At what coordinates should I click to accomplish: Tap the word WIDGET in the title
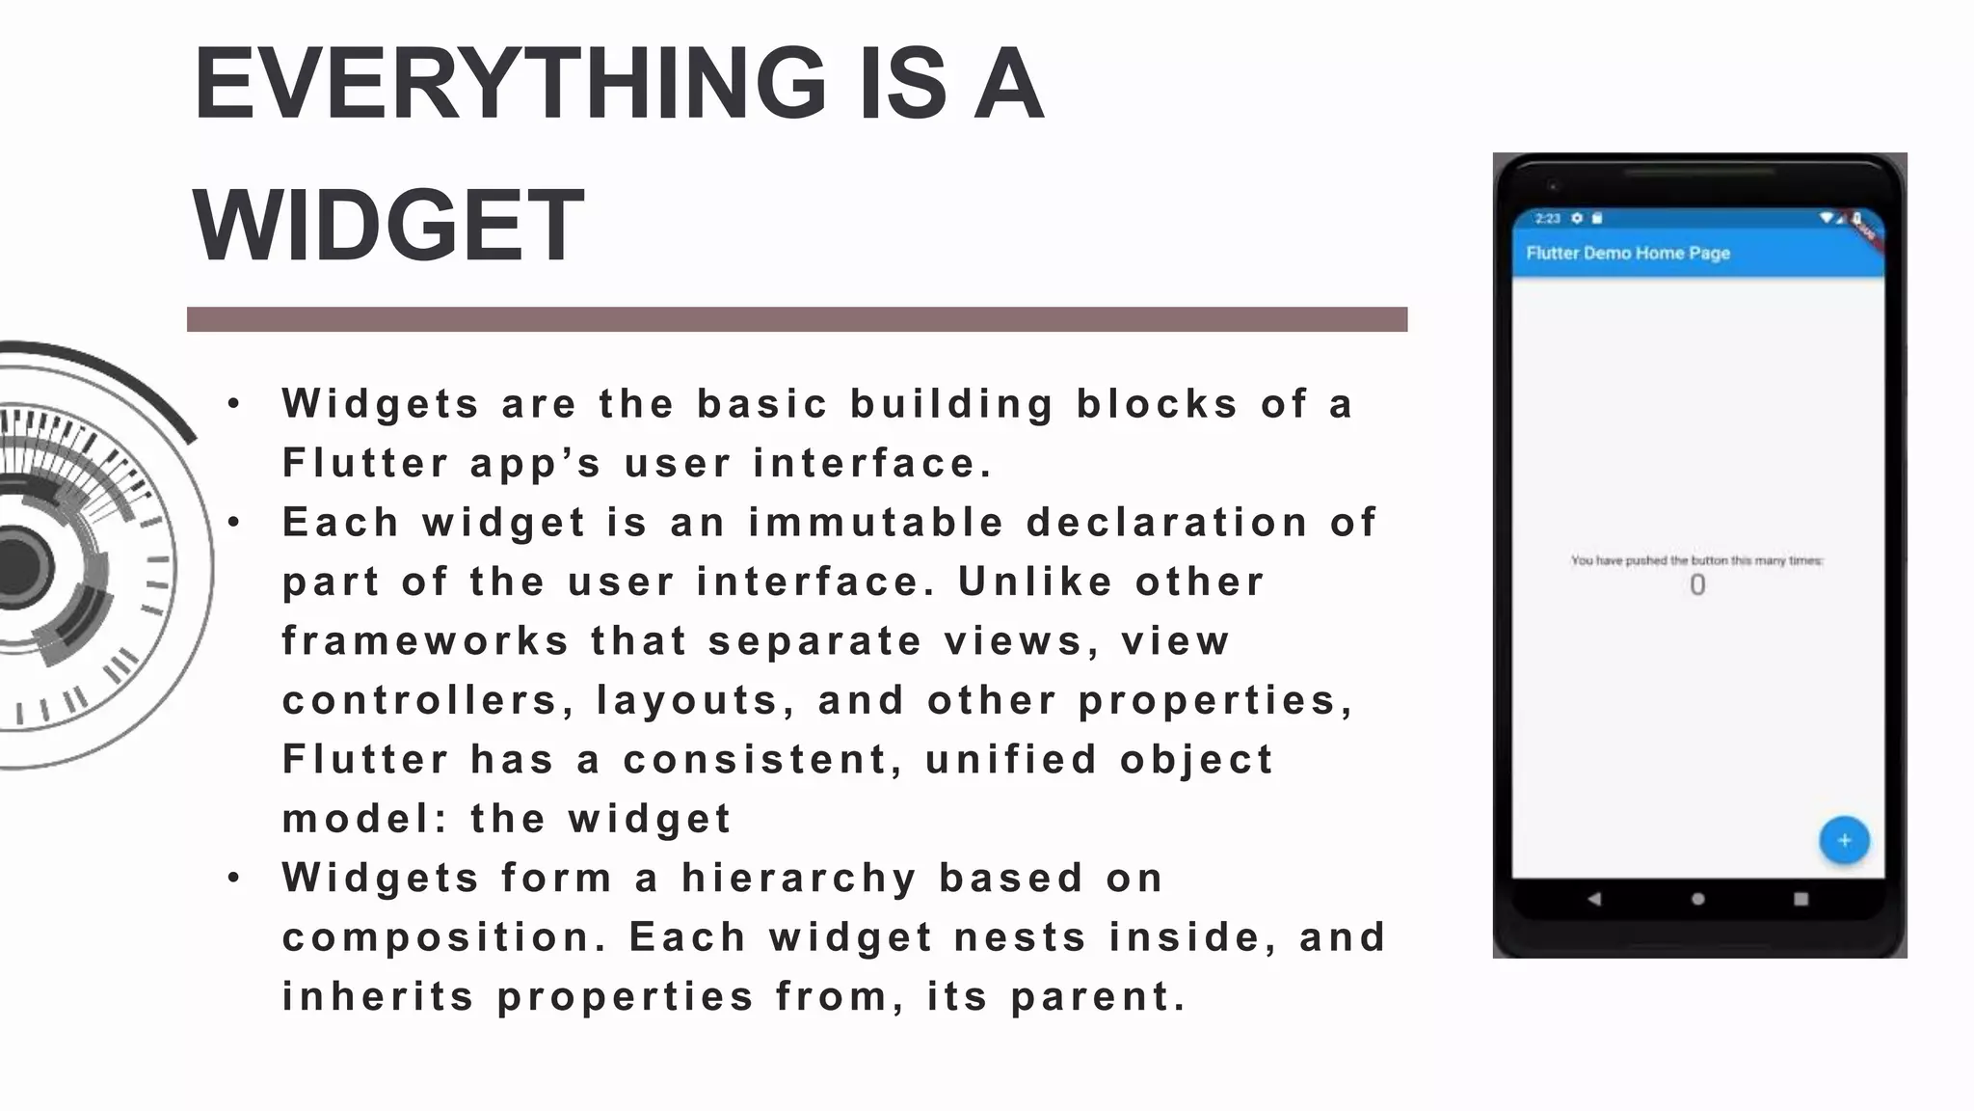coord(388,226)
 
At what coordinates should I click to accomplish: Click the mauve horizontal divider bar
coord(796,319)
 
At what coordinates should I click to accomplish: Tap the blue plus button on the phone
coord(1844,840)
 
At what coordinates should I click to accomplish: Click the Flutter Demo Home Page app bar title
coord(1628,253)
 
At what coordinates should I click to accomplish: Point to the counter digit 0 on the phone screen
coord(1697,585)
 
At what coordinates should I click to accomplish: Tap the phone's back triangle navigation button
coord(1594,899)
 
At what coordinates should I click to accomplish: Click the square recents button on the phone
coord(1801,899)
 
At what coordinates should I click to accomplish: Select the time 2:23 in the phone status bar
coord(1547,218)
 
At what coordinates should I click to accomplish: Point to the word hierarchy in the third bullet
coord(799,879)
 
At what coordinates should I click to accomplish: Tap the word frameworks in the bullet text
coord(425,641)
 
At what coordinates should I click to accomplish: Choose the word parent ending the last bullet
coord(1097,997)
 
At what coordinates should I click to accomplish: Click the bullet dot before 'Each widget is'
coord(234,523)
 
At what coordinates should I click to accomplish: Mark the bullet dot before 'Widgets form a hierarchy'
coord(234,879)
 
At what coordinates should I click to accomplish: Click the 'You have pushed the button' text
coord(1696,560)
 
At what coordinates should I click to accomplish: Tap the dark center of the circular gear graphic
coord(17,567)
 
